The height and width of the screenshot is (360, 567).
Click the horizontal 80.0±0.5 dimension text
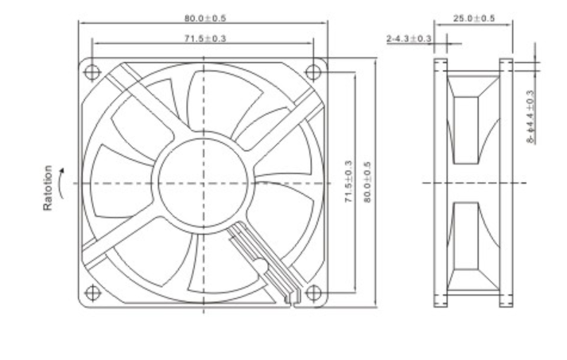(204, 17)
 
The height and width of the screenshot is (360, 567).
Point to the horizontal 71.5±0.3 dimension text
(204, 37)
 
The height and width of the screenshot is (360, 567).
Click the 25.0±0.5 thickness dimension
(474, 17)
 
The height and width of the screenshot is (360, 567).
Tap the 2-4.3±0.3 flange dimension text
(410, 38)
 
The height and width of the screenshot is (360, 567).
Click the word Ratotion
(49, 189)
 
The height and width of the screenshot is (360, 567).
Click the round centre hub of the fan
(203, 183)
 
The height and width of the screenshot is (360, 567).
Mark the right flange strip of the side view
(505, 183)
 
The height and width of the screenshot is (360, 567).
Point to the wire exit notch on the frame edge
(291, 300)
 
